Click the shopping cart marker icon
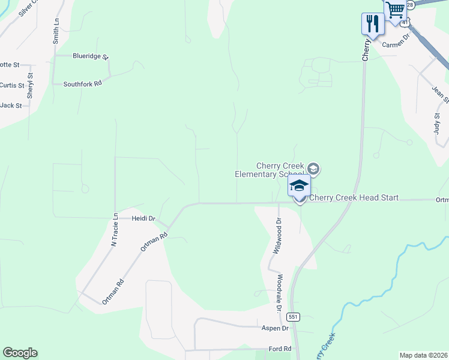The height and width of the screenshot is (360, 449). [x=395, y=10]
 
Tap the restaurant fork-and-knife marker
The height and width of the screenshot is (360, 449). [x=372, y=25]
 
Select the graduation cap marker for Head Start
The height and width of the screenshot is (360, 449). [x=299, y=186]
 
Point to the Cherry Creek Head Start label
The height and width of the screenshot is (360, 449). [x=354, y=198]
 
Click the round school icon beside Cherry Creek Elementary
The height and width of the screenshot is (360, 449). [x=314, y=169]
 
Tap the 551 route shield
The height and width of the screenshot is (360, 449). [x=293, y=316]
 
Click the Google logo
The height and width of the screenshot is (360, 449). [x=20, y=353]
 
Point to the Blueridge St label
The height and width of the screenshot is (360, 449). [x=90, y=56]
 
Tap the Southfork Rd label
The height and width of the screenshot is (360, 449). [x=83, y=84]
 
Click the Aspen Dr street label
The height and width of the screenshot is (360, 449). [x=275, y=328]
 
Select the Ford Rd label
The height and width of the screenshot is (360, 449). [x=280, y=349]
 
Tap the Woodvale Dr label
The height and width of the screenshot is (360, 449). [x=280, y=293]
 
